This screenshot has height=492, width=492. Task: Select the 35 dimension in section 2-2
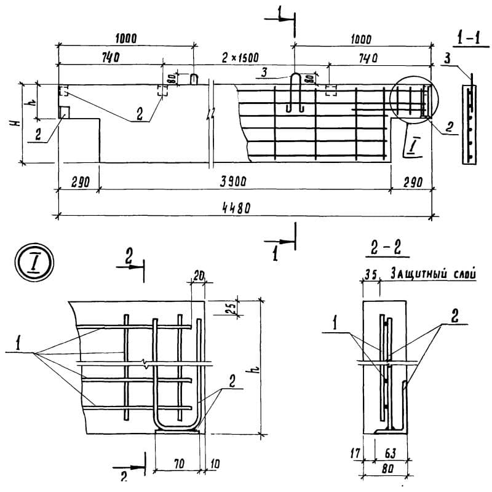click(370, 275)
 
